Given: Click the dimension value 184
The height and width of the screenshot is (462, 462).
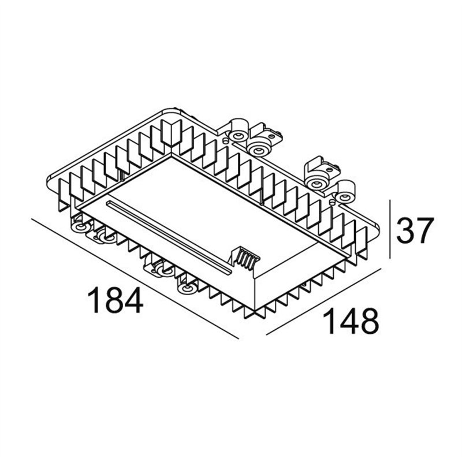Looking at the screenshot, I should point(114,301).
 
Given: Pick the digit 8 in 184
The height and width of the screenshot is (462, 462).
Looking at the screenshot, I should point(113,301).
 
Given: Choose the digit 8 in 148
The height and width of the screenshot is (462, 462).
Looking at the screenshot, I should point(367,322).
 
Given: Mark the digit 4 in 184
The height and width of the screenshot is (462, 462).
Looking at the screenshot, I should point(132,301).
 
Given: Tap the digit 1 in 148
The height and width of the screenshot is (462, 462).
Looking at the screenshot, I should point(331,322).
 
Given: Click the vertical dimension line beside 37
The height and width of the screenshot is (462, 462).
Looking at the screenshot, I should point(390,230).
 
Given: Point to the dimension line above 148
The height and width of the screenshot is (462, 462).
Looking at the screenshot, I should point(323,303).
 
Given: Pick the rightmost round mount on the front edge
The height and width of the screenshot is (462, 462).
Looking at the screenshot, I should point(187,288).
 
